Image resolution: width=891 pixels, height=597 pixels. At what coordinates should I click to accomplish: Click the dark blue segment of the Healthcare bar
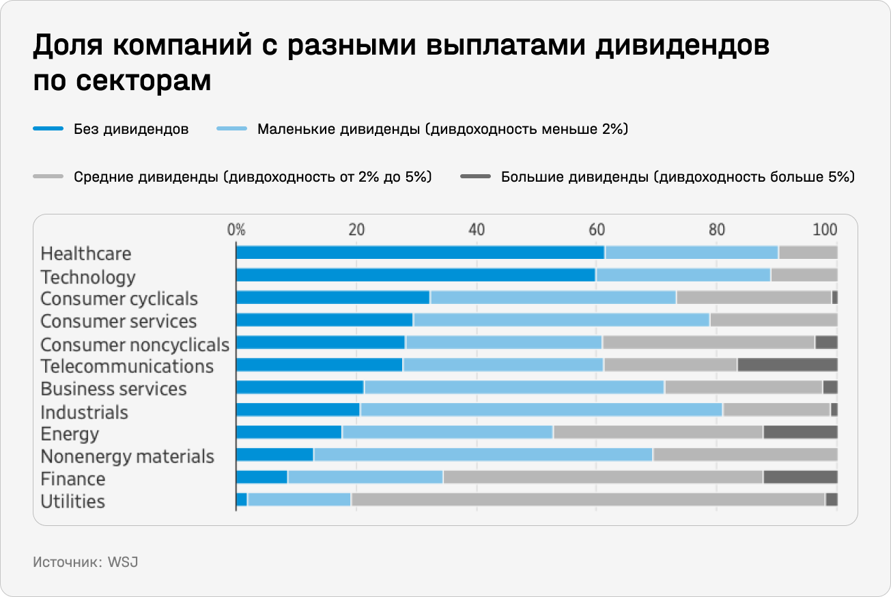tap(420, 253)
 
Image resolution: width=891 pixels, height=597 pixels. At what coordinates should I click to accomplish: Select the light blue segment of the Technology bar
tap(683, 275)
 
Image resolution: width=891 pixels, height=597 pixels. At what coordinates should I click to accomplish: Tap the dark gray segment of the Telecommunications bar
tap(787, 365)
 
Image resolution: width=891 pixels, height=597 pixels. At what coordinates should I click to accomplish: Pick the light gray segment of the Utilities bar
tap(588, 499)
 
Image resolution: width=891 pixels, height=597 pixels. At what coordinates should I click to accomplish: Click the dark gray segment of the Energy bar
tap(800, 432)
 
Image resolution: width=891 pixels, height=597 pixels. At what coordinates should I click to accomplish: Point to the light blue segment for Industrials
tap(541, 410)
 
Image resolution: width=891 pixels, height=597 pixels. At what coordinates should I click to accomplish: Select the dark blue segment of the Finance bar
tap(261, 477)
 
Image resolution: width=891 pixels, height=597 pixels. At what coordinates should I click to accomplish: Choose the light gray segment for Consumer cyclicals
tap(753, 298)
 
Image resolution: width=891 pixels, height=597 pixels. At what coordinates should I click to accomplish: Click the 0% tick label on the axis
tap(236, 230)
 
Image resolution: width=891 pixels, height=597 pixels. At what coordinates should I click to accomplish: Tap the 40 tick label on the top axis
tap(476, 230)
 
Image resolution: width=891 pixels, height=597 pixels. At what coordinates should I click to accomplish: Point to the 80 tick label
tap(716, 230)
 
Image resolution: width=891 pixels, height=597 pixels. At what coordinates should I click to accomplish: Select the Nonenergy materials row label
tap(127, 456)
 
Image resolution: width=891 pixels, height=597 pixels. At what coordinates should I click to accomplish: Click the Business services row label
tap(113, 389)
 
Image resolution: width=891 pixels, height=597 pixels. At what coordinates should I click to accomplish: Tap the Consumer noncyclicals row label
tap(135, 344)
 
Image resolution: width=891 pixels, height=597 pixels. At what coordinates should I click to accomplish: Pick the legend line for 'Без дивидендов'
tap(48, 129)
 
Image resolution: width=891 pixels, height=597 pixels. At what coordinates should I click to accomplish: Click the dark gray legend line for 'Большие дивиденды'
tap(475, 178)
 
